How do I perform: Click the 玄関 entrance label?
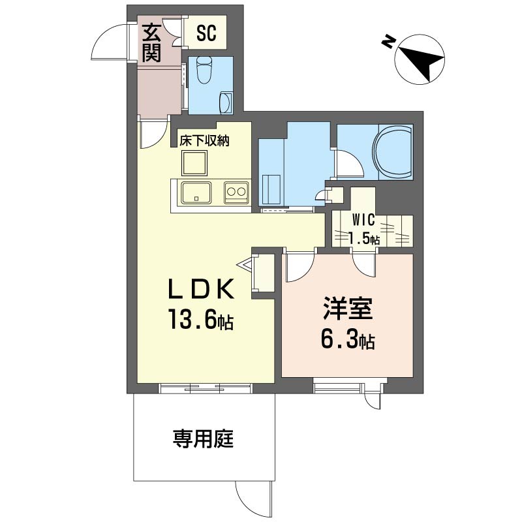coord(152,43)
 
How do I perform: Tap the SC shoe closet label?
coord(206,33)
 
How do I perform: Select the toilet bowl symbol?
coord(204,70)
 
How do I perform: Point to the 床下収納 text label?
coord(204,141)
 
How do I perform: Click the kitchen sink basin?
coord(196,192)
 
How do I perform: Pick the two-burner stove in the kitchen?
coord(236,192)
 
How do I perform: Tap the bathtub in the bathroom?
coord(393,152)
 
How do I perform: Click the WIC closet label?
coord(363,220)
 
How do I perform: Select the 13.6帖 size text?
coord(201,320)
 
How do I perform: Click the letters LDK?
coord(201,289)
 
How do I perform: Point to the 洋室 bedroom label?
coord(348,309)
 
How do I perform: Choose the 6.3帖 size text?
coord(348,339)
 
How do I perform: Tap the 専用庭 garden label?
coord(203,438)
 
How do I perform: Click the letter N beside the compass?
coord(388,41)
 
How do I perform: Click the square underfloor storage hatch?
coord(194,162)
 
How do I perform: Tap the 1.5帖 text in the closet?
coord(363,239)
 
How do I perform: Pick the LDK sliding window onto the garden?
coord(205,388)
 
